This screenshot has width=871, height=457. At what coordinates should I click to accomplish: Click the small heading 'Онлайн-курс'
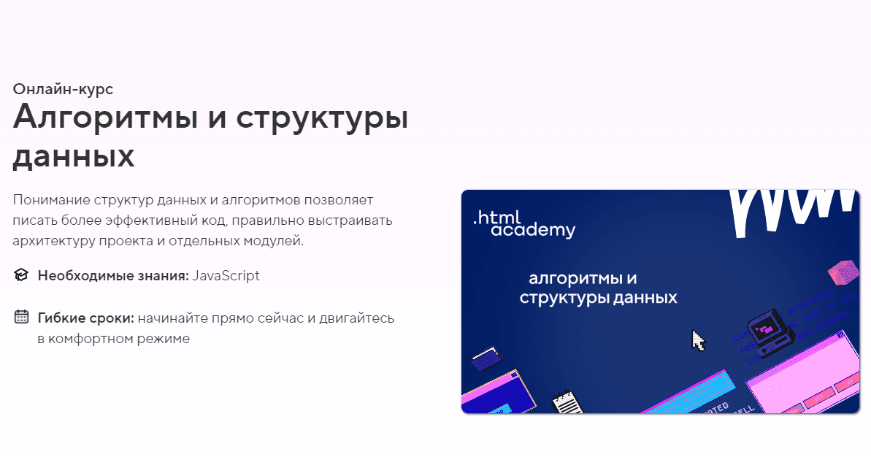tap(63, 89)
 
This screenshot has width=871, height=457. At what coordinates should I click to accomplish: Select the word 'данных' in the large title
tap(74, 156)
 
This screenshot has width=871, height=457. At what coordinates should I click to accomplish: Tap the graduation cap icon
tap(21, 275)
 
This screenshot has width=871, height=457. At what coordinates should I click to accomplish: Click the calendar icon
tap(21, 318)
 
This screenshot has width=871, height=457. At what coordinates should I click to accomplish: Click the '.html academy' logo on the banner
tap(523, 223)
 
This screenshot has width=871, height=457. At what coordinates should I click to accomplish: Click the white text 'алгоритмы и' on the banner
tap(583, 278)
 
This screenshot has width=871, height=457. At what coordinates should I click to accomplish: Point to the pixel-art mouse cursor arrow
tap(699, 341)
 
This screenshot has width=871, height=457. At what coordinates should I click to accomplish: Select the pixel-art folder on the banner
tap(487, 358)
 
